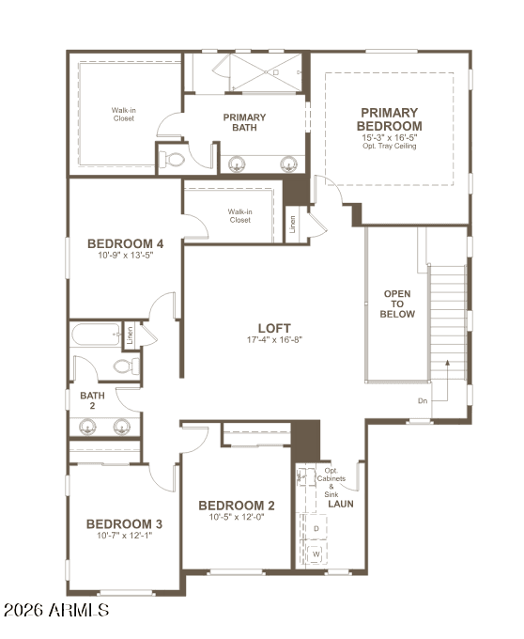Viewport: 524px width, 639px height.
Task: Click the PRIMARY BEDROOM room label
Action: tap(390, 119)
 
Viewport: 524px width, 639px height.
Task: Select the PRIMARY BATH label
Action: tap(244, 123)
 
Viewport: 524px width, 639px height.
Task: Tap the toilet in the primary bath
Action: tap(172, 159)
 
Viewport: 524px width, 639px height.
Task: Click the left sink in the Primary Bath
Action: tap(235, 162)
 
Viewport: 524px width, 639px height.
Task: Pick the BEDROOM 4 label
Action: tap(126, 241)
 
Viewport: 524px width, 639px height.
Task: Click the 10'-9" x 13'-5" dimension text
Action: tap(126, 255)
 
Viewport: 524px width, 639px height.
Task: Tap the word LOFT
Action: tap(274, 328)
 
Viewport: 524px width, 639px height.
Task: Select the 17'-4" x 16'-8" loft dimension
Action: tap(274, 339)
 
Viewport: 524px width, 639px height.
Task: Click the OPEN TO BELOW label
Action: tap(397, 304)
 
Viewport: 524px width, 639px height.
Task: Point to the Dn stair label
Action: tap(424, 401)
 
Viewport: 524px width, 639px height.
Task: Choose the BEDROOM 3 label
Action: tap(125, 523)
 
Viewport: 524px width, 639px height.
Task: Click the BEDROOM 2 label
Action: tap(237, 505)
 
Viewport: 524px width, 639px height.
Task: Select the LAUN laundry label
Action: tap(340, 504)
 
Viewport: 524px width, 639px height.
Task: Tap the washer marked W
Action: tap(316, 553)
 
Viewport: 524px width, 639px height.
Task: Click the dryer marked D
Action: tap(316, 529)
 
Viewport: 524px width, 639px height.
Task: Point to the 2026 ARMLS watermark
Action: tap(55, 611)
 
